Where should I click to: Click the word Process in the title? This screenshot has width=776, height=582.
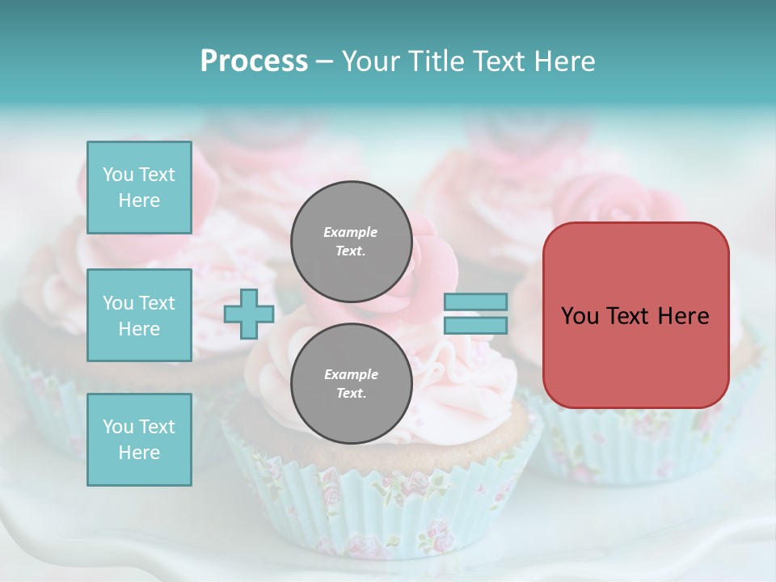[x=254, y=61]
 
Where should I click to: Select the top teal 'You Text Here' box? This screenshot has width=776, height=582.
[x=139, y=188]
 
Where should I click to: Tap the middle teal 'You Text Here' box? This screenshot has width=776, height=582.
[x=139, y=315]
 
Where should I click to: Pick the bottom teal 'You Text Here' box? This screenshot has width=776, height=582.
[x=139, y=440]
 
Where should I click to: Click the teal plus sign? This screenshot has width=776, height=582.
[x=249, y=314]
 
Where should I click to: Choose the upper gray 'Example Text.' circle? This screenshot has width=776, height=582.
[x=351, y=241]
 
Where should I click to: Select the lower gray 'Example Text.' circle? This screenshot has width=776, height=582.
[x=351, y=383]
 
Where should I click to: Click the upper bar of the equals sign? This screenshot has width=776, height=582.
[x=475, y=302]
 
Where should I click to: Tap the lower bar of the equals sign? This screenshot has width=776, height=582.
[x=475, y=326]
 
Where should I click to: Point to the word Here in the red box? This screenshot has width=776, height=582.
[x=684, y=316]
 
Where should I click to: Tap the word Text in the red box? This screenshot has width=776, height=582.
[x=627, y=316]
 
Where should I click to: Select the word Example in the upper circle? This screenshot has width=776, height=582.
[x=351, y=232]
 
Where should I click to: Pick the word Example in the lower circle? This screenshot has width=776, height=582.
[x=351, y=374]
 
